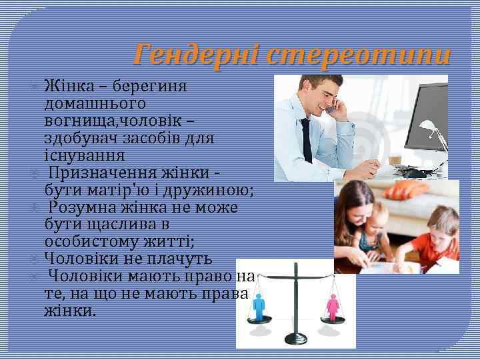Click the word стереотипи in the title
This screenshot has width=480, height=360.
click(357, 53)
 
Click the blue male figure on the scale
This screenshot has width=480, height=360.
click(259, 307)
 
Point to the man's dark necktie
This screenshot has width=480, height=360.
click(307, 140)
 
